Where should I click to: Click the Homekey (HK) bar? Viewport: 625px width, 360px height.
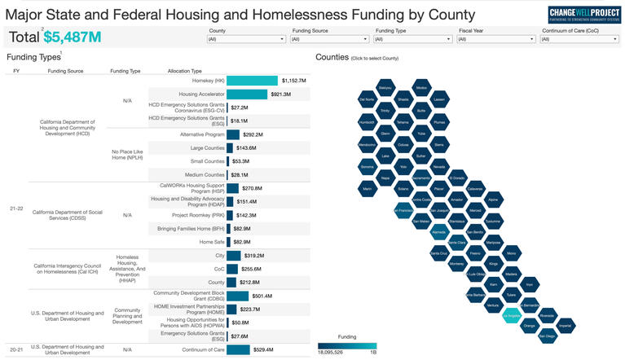[x=252, y=81]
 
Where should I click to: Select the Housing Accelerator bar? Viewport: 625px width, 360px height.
[x=246, y=94]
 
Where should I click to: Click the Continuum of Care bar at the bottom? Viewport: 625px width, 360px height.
[x=238, y=350]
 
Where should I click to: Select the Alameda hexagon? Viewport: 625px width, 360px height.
[x=438, y=231]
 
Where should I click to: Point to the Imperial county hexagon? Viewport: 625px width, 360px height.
[x=566, y=325]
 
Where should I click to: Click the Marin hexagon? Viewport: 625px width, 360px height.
[x=367, y=189]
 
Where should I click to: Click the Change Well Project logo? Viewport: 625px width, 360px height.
[x=584, y=15]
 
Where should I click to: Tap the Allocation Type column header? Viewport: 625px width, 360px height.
[x=184, y=71]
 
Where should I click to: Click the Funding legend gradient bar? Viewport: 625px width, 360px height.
[x=347, y=345]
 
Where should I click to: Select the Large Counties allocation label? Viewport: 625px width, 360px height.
[x=196, y=148]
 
